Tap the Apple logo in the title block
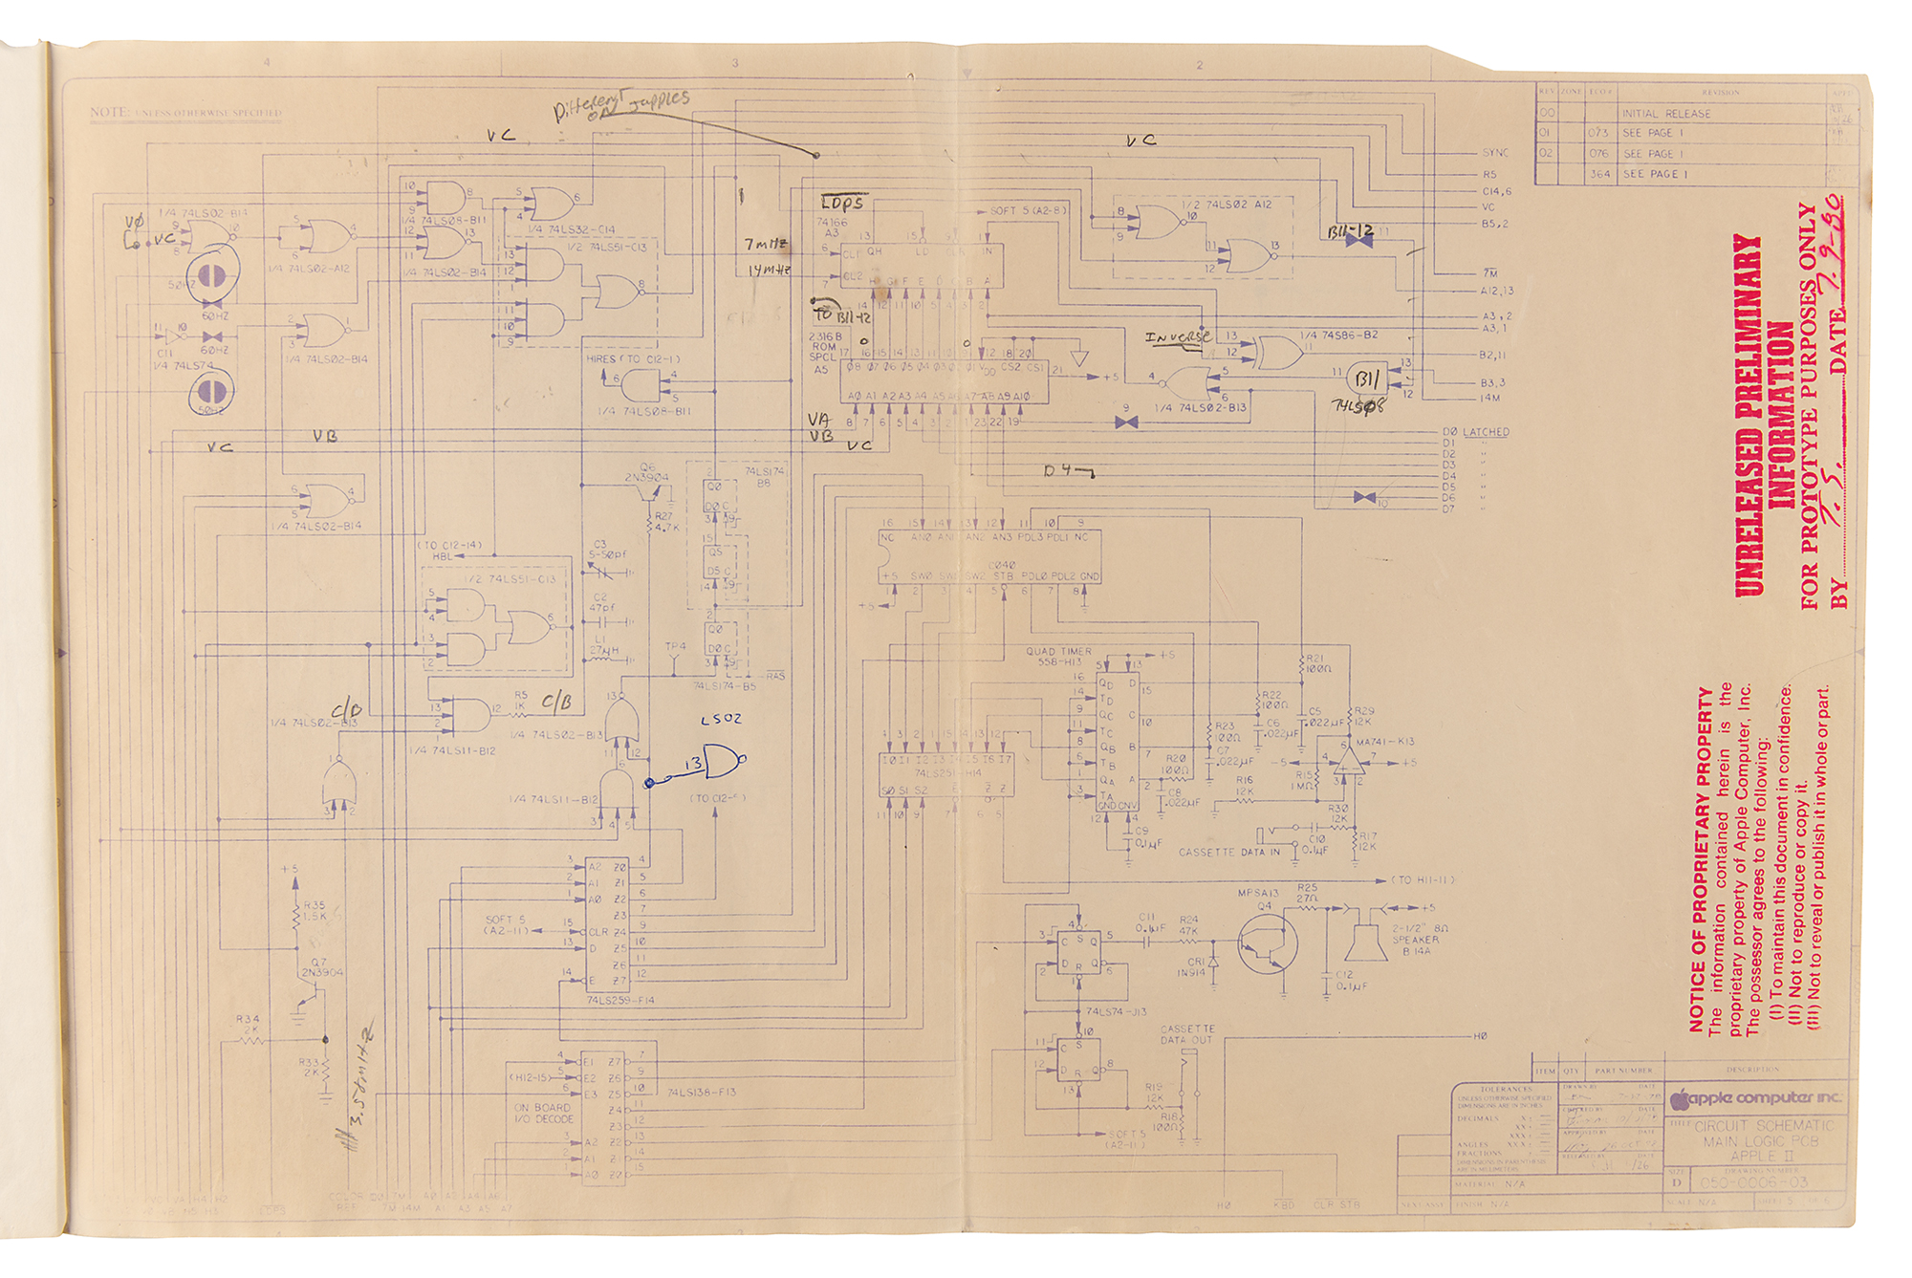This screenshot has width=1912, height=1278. pos(1680,1099)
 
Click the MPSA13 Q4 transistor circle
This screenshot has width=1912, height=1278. pos(1267,943)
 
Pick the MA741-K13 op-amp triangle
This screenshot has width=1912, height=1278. pos(1349,761)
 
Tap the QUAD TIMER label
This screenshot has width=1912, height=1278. pos(1058,651)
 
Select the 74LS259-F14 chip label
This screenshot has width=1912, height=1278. pos(620,1000)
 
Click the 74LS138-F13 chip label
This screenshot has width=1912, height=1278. pos(702,1092)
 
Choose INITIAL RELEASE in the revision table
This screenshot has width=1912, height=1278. pos(1665,114)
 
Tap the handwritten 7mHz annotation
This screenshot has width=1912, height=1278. pos(767,245)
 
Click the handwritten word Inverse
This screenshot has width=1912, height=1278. pos(1178,337)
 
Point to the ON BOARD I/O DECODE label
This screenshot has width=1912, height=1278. pos(543,1113)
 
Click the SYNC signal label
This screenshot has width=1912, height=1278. pos(1495,153)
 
